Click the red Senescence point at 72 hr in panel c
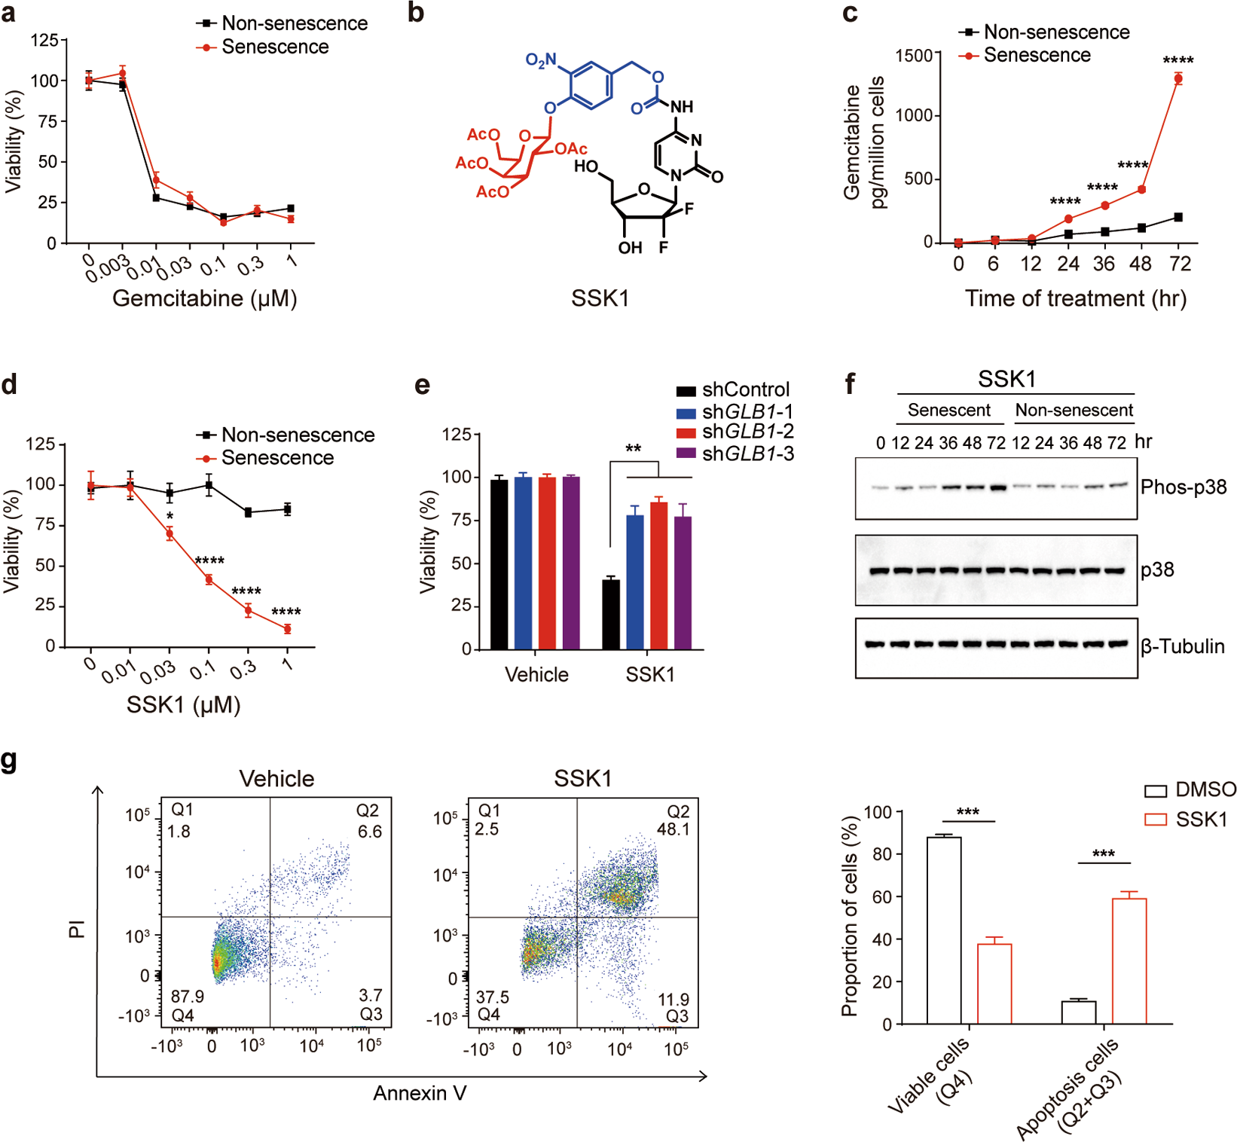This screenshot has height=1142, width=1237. pyautogui.click(x=1177, y=79)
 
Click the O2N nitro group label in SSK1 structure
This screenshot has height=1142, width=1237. pyautogui.click(x=540, y=60)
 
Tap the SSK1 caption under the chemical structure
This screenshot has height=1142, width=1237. pyautogui.click(x=600, y=298)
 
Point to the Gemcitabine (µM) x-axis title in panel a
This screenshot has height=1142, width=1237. pyautogui.click(x=204, y=298)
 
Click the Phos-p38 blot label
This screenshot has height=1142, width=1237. pyautogui.click(x=1183, y=487)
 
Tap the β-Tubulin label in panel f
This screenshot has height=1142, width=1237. pyautogui.click(x=1182, y=646)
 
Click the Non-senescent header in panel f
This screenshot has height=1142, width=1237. pyautogui.click(x=1074, y=411)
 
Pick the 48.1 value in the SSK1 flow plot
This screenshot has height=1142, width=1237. pyautogui.click(x=673, y=829)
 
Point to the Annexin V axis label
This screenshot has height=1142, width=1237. pyautogui.click(x=420, y=1093)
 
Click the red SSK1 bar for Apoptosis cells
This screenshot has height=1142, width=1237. pyautogui.click(x=1129, y=960)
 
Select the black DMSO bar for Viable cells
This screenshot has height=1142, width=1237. pyautogui.click(x=943, y=930)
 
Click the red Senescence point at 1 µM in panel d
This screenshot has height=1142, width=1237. pyautogui.click(x=287, y=629)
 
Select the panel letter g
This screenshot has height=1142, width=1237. pyautogui.click(x=9, y=760)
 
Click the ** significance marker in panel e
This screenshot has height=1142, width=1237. pyautogui.click(x=633, y=449)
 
